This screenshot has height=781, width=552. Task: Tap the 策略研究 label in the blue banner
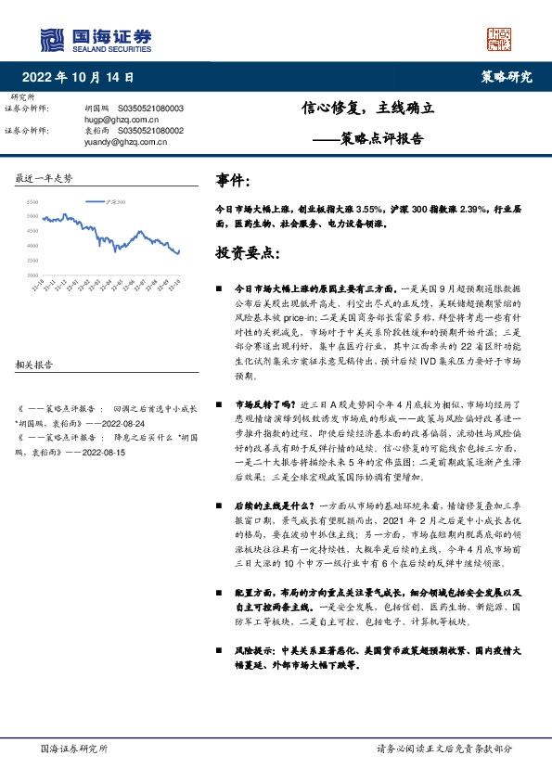pyautogui.click(x=507, y=78)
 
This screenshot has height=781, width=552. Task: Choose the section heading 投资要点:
pyautogui.click(x=246, y=251)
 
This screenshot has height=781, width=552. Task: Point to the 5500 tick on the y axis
pyautogui.click(x=32, y=201)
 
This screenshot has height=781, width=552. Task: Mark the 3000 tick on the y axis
pyautogui.click(x=32, y=275)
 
